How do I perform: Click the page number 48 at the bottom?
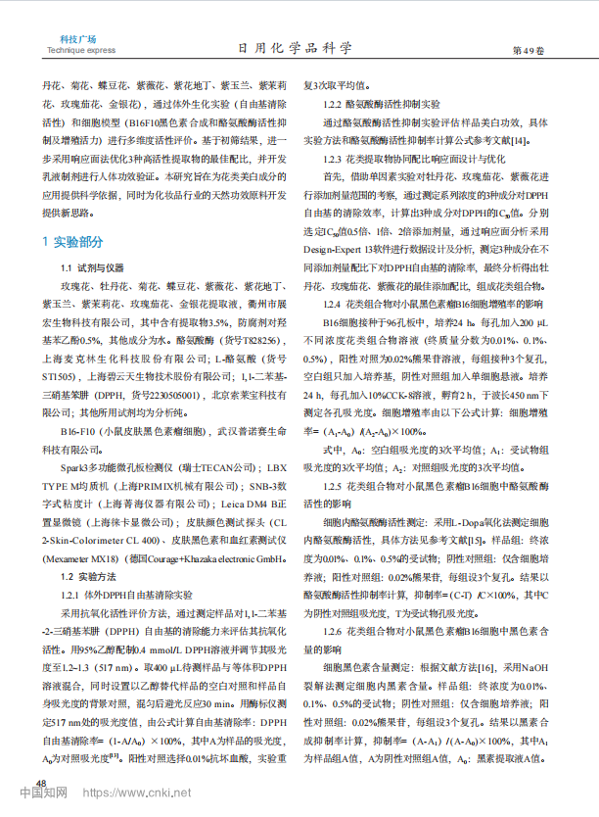[x=40, y=782]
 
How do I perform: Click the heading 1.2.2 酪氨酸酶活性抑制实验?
[x=382, y=103]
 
